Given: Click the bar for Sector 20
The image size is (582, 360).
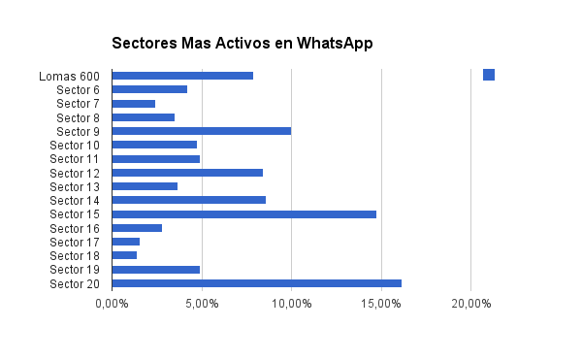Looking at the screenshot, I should (x=257, y=283).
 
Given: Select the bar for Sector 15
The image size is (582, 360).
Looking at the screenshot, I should (x=244, y=214).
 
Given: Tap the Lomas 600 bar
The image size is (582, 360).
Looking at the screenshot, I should (x=182, y=76).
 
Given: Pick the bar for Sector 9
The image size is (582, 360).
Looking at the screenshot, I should (x=202, y=131).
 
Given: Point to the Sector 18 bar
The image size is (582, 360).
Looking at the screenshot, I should (x=124, y=255).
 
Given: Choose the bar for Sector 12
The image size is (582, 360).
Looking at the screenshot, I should (x=187, y=173).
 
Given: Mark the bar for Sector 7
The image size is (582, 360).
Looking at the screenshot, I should (x=134, y=104).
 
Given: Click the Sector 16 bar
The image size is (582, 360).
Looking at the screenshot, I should (x=137, y=228).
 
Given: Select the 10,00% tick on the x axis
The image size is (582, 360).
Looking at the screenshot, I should (x=292, y=304).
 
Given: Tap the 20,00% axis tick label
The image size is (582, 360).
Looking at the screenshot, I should (x=471, y=304).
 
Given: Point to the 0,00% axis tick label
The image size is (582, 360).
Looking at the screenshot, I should (x=113, y=304).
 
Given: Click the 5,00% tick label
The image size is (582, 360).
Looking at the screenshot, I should (x=202, y=304).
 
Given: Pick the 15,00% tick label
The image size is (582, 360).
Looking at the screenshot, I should (x=381, y=304).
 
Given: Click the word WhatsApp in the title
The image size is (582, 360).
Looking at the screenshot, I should (x=335, y=44).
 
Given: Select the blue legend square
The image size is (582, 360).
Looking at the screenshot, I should (x=489, y=75).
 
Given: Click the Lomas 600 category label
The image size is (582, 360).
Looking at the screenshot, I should (x=69, y=77).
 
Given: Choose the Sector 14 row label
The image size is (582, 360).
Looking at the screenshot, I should (x=75, y=201).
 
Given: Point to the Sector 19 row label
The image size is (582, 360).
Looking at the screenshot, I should (x=75, y=270).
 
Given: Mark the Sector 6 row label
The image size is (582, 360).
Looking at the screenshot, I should (x=78, y=90).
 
